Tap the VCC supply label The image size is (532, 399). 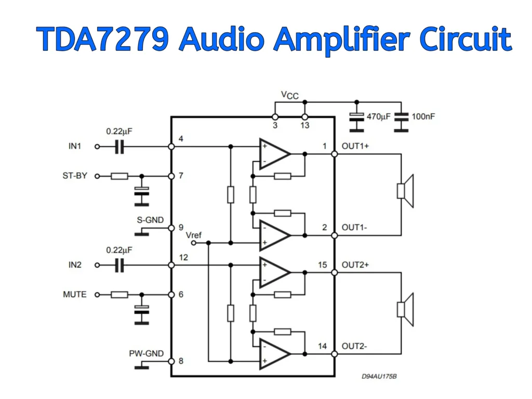point(290,95)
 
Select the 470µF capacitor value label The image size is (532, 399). point(378,117)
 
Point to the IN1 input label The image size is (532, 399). point(75,147)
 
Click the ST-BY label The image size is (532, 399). point(75,176)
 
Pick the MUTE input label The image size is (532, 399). point(75,295)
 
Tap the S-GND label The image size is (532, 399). point(150,220)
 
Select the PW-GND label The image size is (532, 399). point(147,354)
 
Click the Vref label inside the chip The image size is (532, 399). point(193,235)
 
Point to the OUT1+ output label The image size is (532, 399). point(355,147)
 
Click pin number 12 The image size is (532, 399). point(183,257)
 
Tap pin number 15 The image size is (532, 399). point(323,265)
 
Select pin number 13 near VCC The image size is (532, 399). point(305,125)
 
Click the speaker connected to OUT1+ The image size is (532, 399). point(405,191)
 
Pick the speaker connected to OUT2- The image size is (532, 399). point(405,310)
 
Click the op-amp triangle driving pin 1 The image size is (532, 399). point(274,154)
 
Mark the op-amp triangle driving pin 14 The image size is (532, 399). point(274,354)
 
